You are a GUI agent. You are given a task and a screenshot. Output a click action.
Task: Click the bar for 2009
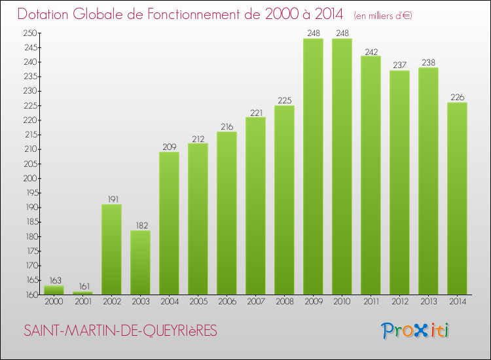click(x=313, y=167)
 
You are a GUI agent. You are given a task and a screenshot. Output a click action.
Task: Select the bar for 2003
click(x=140, y=262)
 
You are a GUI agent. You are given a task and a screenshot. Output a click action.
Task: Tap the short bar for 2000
click(x=54, y=290)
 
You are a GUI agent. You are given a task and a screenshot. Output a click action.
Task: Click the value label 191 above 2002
click(x=111, y=199)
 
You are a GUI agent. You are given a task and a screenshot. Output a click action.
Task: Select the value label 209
click(x=169, y=147)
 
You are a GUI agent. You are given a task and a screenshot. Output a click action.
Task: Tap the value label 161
click(x=82, y=286)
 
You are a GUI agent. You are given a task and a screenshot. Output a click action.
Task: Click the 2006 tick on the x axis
click(x=227, y=302)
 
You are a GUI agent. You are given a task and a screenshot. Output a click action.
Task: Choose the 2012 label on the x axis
click(x=399, y=302)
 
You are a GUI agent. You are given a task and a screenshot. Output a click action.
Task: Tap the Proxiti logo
click(x=415, y=331)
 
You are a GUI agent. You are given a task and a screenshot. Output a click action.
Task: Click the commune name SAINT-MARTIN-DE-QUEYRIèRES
click(x=120, y=331)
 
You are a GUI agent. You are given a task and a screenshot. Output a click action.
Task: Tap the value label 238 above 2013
click(x=428, y=62)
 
